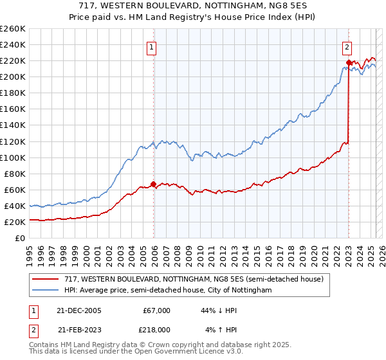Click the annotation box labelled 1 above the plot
[x=151, y=46]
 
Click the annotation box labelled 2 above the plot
[x=347, y=46]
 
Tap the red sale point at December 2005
[x=154, y=184]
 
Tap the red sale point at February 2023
[x=349, y=62]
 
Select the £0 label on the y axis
[x=20, y=238]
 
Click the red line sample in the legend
[x=45, y=279]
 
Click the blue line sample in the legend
[x=45, y=291]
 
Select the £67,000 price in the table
[x=156, y=310]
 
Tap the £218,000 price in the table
[x=156, y=329]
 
